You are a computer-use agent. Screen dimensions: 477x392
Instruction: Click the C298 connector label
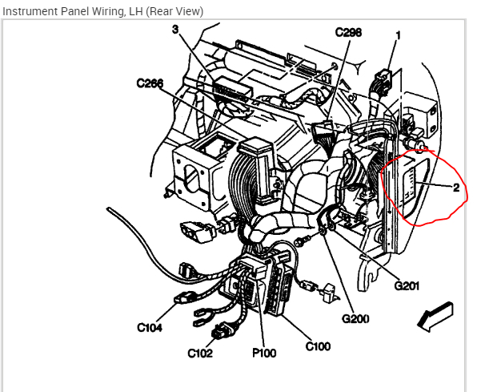(349, 32)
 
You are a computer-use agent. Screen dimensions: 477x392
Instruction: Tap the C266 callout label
(150, 83)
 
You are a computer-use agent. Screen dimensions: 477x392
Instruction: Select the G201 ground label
(407, 285)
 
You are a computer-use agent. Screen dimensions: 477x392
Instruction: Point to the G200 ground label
(355, 318)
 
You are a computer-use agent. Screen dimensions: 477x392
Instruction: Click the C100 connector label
(318, 346)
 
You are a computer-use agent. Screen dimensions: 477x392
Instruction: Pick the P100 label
(264, 353)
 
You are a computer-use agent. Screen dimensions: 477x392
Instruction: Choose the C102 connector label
(200, 353)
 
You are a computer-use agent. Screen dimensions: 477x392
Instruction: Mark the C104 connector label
(150, 327)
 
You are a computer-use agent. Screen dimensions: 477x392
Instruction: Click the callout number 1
(399, 35)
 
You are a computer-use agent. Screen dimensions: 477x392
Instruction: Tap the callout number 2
(456, 188)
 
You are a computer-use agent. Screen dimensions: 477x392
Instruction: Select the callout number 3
(175, 30)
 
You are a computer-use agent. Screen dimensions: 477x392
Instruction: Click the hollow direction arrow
(435, 317)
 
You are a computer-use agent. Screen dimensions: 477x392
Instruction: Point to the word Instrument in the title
(30, 11)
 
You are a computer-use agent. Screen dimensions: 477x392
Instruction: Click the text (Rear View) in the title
(174, 11)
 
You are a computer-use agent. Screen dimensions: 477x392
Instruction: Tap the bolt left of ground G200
(303, 240)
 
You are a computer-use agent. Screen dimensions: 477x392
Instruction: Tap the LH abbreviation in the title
(135, 11)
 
